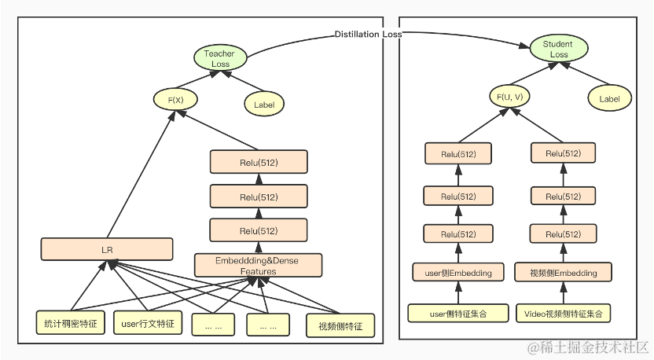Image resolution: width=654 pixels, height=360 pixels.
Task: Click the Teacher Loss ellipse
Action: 220,59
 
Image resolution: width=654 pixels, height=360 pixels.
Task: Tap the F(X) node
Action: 175,100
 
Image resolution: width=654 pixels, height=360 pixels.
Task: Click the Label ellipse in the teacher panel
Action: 264,104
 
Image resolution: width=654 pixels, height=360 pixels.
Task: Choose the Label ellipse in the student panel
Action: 609,99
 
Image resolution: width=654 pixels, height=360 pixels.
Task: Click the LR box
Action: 107,249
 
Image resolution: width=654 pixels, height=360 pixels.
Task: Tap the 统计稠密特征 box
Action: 71,323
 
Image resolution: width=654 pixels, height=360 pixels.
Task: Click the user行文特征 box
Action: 147,323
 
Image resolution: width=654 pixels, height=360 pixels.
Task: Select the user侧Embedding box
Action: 458,273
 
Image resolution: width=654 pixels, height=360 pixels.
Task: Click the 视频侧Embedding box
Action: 563,273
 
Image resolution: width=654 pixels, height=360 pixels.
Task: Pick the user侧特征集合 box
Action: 458,313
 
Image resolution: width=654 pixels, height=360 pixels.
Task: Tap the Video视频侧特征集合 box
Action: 564,313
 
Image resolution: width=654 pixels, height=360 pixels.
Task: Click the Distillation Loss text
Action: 368,35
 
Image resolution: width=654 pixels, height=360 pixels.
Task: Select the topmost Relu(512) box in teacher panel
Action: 258,161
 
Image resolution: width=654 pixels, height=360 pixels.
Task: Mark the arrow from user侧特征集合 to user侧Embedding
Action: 458,292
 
